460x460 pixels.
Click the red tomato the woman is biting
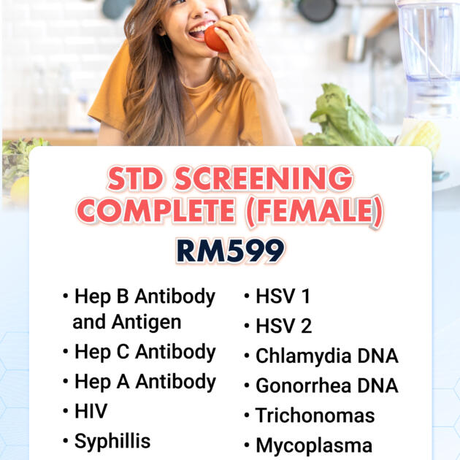pyautogui.click(x=216, y=38)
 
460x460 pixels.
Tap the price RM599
pyautogui.click(x=230, y=250)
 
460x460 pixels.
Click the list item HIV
pyautogui.click(x=91, y=412)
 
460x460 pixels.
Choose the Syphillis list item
pyautogui.click(x=112, y=442)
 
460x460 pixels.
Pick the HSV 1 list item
pyautogui.click(x=283, y=296)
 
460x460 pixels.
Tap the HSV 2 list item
pyautogui.click(x=283, y=326)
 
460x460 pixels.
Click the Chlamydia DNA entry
pyautogui.click(x=326, y=356)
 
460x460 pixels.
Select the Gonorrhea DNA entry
pyautogui.click(x=326, y=386)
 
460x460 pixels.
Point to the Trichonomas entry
pyautogui.click(x=315, y=415)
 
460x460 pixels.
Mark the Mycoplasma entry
pyautogui.click(x=313, y=445)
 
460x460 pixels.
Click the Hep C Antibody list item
pyautogui.click(x=145, y=352)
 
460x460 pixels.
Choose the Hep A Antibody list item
pyautogui.click(x=145, y=382)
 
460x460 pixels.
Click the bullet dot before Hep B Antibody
pyautogui.click(x=66, y=297)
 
